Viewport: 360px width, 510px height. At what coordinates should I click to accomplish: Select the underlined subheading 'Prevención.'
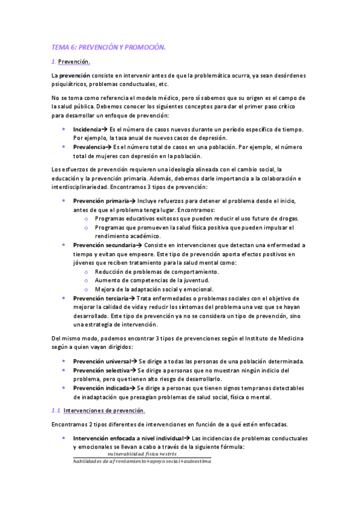tap(75, 62)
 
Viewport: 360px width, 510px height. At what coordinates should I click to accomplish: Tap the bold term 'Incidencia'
tap(87, 129)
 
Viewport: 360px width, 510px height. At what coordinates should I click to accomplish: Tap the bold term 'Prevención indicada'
tap(100, 389)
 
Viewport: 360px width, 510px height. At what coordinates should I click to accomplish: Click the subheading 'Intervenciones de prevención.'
tap(104, 411)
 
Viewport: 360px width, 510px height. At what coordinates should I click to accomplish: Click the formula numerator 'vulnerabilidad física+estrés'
tap(142, 454)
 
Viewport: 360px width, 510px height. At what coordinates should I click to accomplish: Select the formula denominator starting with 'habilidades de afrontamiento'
tap(142, 461)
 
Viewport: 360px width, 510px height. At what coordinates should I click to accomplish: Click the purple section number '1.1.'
tap(56, 411)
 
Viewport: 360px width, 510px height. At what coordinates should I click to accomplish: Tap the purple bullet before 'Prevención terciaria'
tap(64, 298)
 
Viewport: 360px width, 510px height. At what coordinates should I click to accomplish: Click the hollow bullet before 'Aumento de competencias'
tap(87, 280)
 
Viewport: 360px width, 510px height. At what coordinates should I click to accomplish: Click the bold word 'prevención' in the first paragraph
tap(75, 75)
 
